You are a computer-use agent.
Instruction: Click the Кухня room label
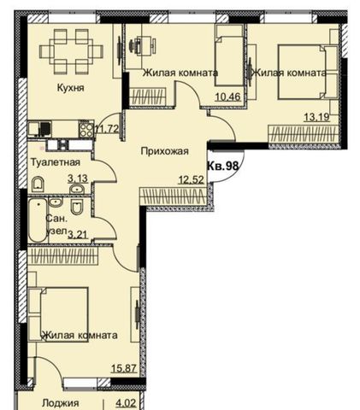point(71,87)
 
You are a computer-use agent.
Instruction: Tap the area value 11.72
point(107,129)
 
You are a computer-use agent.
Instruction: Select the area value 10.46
point(228,97)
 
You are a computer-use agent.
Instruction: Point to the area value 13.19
point(316,117)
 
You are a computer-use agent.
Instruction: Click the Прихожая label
point(165,151)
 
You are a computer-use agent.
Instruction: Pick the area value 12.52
point(192,179)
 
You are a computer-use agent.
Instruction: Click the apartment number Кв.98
point(222,166)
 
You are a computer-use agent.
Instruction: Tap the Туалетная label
point(56,162)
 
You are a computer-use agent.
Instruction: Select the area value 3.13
point(77,179)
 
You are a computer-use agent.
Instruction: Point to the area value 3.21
point(77,234)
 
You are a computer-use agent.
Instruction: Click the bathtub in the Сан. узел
point(38,220)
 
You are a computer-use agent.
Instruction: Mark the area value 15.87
point(124,368)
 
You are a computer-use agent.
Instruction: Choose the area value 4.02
point(126,403)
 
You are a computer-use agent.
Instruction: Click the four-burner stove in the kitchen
point(86,130)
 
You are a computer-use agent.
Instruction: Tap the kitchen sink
point(40,129)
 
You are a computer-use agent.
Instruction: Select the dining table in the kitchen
point(70,52)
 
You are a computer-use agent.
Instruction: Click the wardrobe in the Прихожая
point(173,196)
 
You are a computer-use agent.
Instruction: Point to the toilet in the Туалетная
point(38,184)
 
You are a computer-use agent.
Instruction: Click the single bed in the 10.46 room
point(229,56)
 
